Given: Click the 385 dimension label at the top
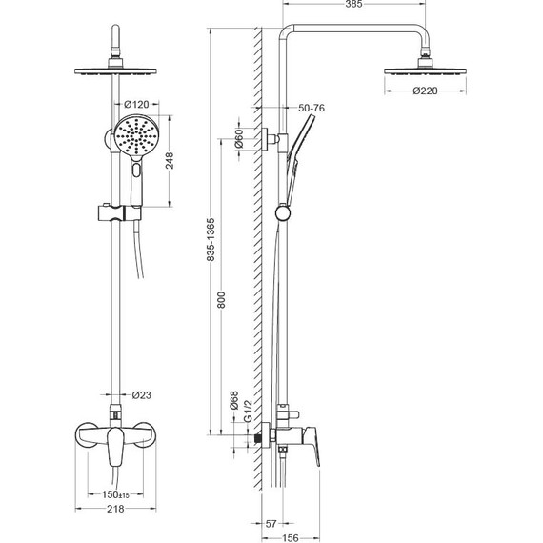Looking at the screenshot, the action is [354, 4].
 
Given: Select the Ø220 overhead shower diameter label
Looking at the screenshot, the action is [425, 90].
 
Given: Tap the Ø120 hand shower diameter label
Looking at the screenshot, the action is [136, 104].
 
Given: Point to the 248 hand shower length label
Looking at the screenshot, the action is [170, 161].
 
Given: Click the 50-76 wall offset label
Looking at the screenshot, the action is [312, 108].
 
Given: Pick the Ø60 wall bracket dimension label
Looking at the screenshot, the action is [239, 139].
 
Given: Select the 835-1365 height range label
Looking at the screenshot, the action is [211, 240].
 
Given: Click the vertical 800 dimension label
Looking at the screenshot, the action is [221, 300].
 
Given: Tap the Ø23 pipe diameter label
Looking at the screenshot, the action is [142, 395].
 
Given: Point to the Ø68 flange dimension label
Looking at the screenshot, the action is [234, 401].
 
